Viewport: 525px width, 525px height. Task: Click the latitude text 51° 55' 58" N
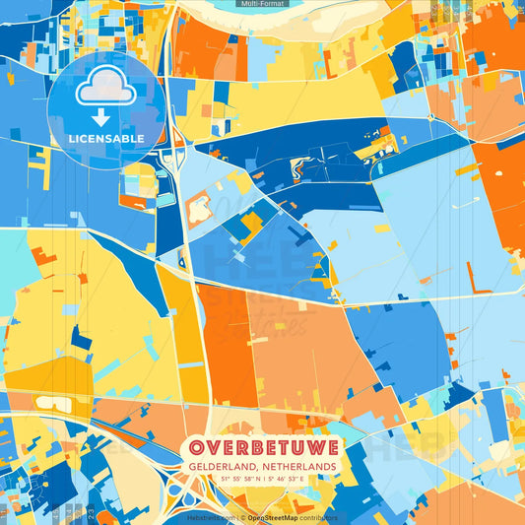236,480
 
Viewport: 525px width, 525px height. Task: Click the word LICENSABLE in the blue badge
106,138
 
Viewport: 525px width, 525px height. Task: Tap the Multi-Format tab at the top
262,4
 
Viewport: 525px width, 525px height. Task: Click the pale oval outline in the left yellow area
46,402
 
